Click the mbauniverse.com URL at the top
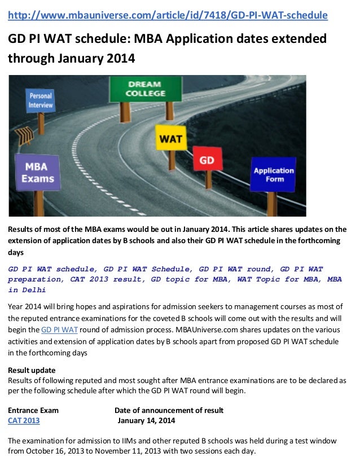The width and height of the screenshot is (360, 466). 167,15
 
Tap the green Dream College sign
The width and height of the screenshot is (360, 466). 145,89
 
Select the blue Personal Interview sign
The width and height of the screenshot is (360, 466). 41,100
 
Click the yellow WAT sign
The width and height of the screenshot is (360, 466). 170,138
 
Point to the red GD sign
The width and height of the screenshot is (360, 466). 207,160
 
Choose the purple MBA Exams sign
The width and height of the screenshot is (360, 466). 38,173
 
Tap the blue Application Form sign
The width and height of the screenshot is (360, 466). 274,175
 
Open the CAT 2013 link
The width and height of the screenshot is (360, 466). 24,420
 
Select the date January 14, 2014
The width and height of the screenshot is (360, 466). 146,420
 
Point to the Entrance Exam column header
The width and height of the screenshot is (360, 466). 33,410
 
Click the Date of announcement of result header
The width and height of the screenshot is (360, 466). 169,410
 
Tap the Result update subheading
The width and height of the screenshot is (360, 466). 32,370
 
